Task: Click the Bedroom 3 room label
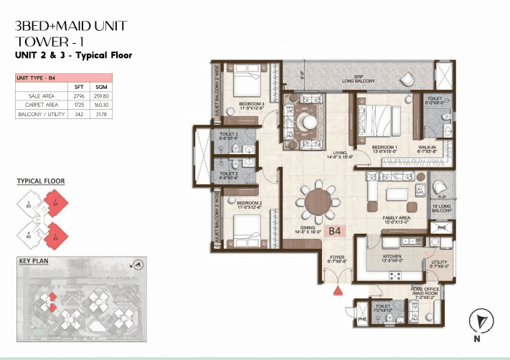click(x=252, y=106)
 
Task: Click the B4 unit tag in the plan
click(x=335, y=232)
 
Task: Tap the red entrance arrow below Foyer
click(x=337, y=292)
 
